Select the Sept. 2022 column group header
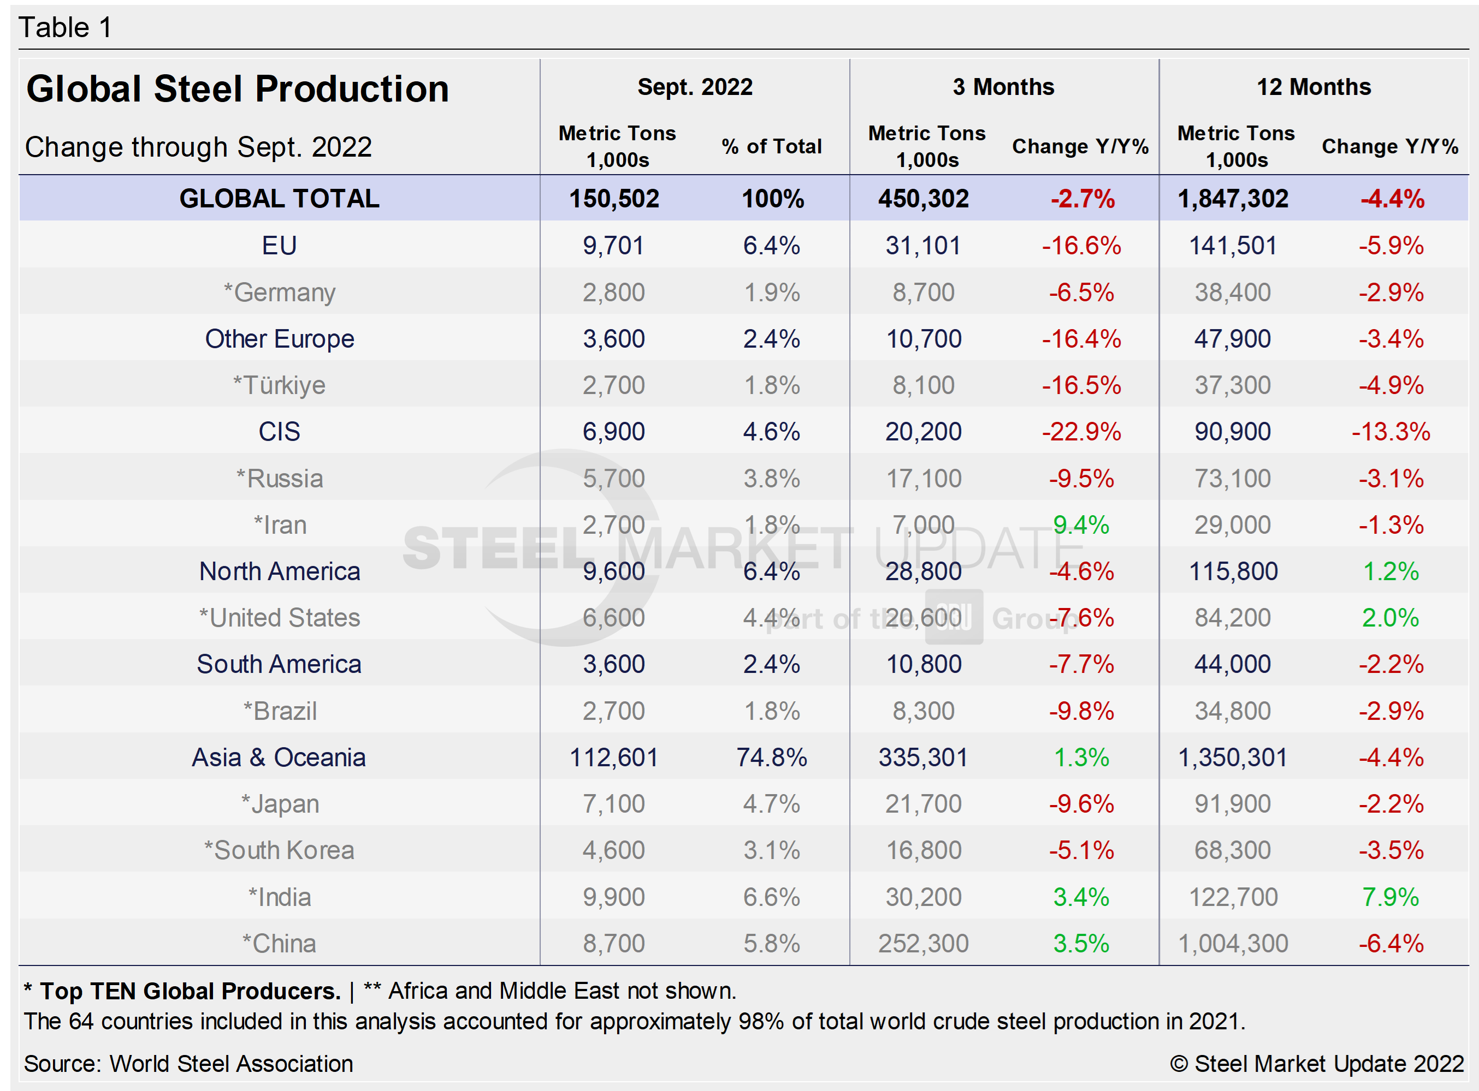(695, 87)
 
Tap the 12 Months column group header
(1313, 87)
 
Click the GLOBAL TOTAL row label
(279, 199)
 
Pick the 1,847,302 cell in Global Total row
(1233, 199)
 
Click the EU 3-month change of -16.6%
(1081, 246)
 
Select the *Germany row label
(279, 293)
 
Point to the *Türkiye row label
(279, 385)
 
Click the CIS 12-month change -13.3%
(1391, 432)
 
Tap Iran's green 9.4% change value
(1081, 525)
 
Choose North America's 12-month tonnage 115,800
(1233, 571)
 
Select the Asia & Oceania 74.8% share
(771, 758)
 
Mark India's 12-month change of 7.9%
(1391, 897)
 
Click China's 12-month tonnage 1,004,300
(1233, 944)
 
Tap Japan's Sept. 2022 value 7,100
(613, 804)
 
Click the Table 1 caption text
(65, 28)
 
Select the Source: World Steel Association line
(188, 1064)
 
